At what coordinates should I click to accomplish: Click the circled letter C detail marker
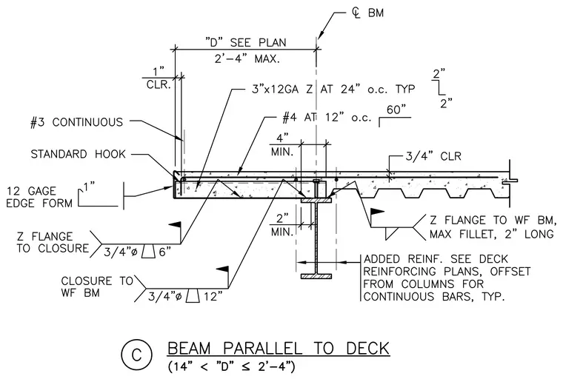(136, 355)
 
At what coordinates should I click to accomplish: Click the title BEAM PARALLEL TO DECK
(279, 349)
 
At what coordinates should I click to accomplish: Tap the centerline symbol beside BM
(356, 13)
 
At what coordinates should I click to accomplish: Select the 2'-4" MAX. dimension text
(247, 58)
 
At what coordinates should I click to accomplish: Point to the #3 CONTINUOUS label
(77, 122)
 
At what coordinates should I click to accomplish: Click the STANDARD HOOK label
(79, 154)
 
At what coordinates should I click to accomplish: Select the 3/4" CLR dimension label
(433, 156)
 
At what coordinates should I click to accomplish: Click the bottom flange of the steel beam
(316, 276)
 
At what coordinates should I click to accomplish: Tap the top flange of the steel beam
(316, 200)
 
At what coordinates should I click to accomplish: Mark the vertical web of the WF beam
(316, 238)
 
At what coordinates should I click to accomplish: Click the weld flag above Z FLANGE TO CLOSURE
(175, 225)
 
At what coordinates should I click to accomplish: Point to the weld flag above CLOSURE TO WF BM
(223, 269)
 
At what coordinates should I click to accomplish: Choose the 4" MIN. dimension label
(282, 145)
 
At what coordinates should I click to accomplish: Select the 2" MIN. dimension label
(282, 225)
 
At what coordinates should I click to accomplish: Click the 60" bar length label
(396, 110)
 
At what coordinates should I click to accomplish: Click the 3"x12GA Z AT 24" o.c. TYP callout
(333, 89)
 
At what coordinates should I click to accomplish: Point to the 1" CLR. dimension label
(159, 78)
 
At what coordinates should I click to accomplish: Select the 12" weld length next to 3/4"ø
(213, 297)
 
